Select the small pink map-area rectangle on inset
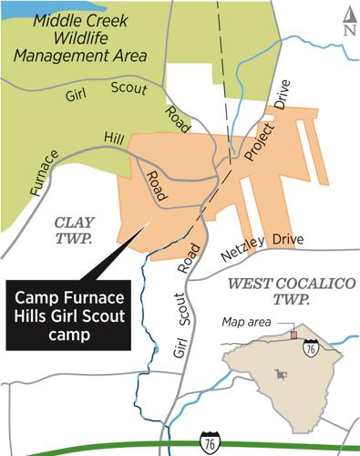pyautogui.click(x=294, y=335)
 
